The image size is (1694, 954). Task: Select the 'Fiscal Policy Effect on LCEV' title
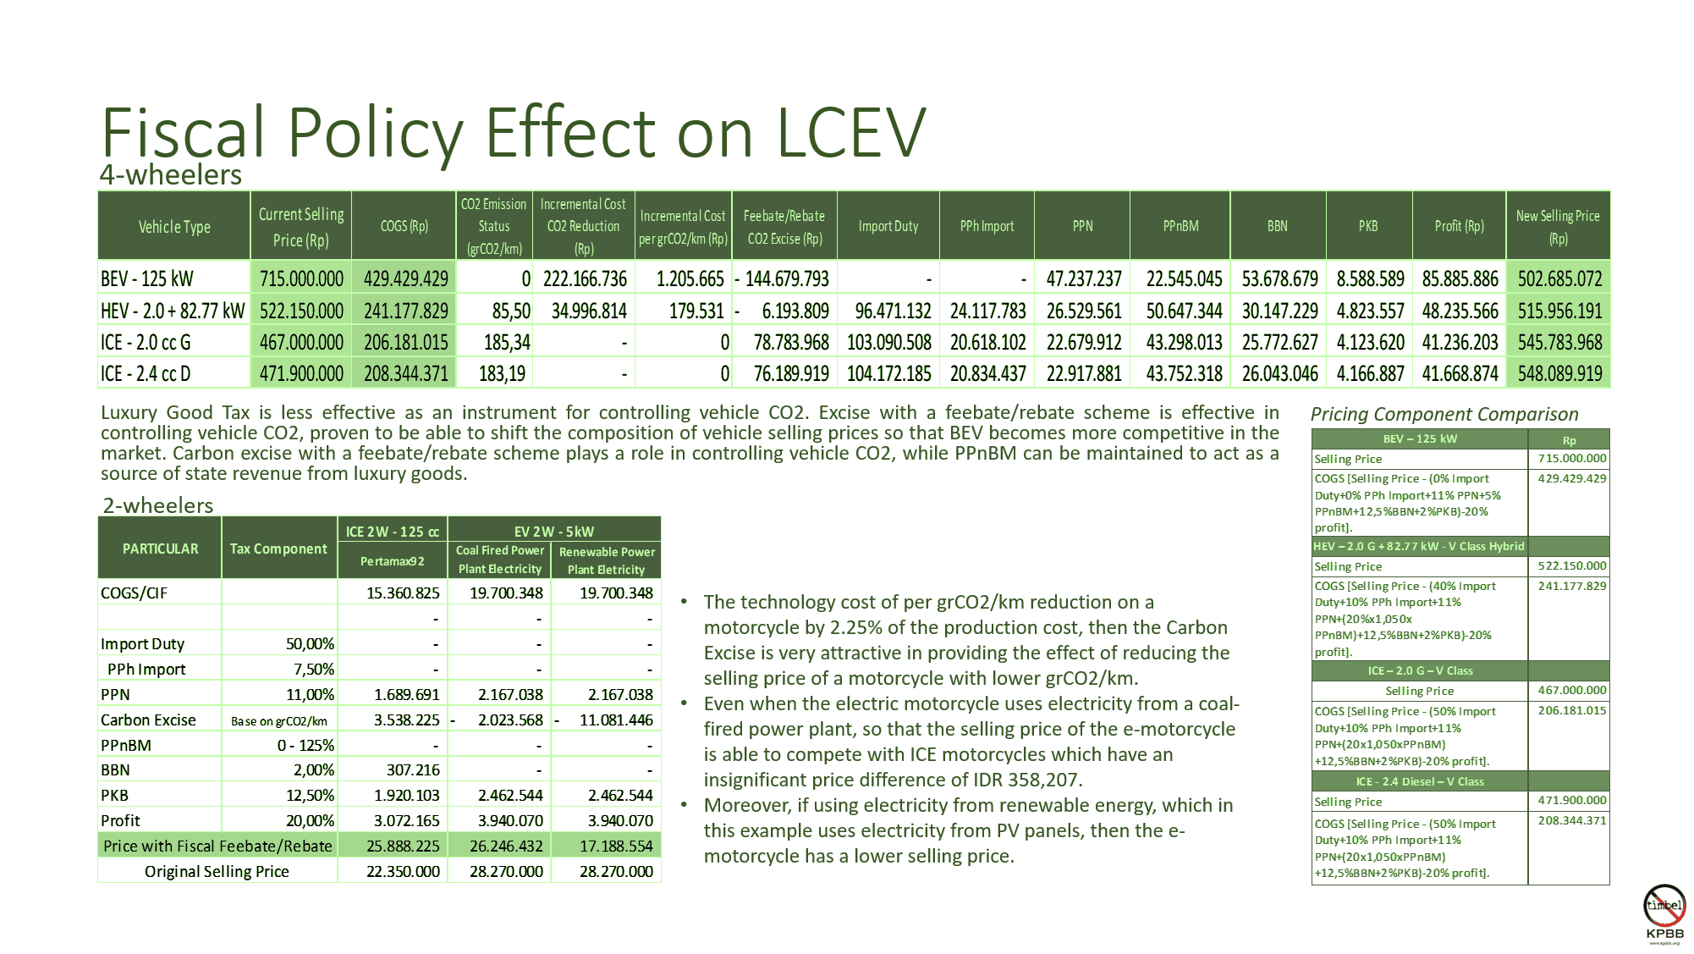click(514, 133)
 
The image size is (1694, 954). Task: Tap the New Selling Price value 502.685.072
click(1559, 278)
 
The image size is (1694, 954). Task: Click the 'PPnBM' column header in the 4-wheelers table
click(1180, 226)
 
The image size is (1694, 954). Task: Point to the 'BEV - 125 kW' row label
click(147, 278)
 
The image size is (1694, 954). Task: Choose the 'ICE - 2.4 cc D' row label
click(146, 373)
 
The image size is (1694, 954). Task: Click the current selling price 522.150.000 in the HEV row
click(301, 311)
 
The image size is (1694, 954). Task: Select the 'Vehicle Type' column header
click(174, 227)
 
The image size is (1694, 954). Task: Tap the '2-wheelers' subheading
click(158, 505)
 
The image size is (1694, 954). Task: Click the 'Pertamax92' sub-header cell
click(392, 561)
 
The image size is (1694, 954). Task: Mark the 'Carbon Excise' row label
click(148, 720)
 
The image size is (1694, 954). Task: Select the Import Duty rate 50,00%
click(310, 643)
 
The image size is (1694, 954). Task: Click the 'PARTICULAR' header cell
click(160, 549)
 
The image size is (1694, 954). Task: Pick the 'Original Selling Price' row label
click(217, 871)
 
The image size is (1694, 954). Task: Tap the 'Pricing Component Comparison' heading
click(1444, 414)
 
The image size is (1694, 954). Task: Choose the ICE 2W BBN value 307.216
click(413, 769)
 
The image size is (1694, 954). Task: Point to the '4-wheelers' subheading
click(171, 175)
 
